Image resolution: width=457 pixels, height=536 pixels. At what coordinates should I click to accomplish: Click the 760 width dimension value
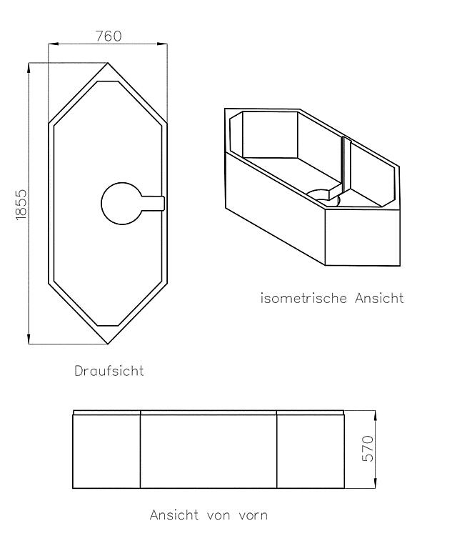click(109, 36)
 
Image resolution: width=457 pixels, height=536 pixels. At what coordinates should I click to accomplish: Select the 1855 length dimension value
click(21, 204)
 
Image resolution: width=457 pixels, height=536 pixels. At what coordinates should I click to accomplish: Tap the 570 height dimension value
click(368, 448)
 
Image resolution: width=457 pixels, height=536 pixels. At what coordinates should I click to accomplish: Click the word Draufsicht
click(109, 371)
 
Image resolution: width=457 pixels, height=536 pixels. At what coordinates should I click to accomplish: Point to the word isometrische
click(303, 298)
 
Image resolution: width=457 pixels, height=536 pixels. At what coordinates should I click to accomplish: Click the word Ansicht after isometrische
click(379, 298)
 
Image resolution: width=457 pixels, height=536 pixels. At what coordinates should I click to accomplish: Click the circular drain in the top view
click(121, 204)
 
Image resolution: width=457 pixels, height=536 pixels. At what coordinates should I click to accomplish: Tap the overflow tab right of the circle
click(153, 204)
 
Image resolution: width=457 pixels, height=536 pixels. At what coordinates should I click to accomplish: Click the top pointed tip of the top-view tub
click(108, 63)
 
